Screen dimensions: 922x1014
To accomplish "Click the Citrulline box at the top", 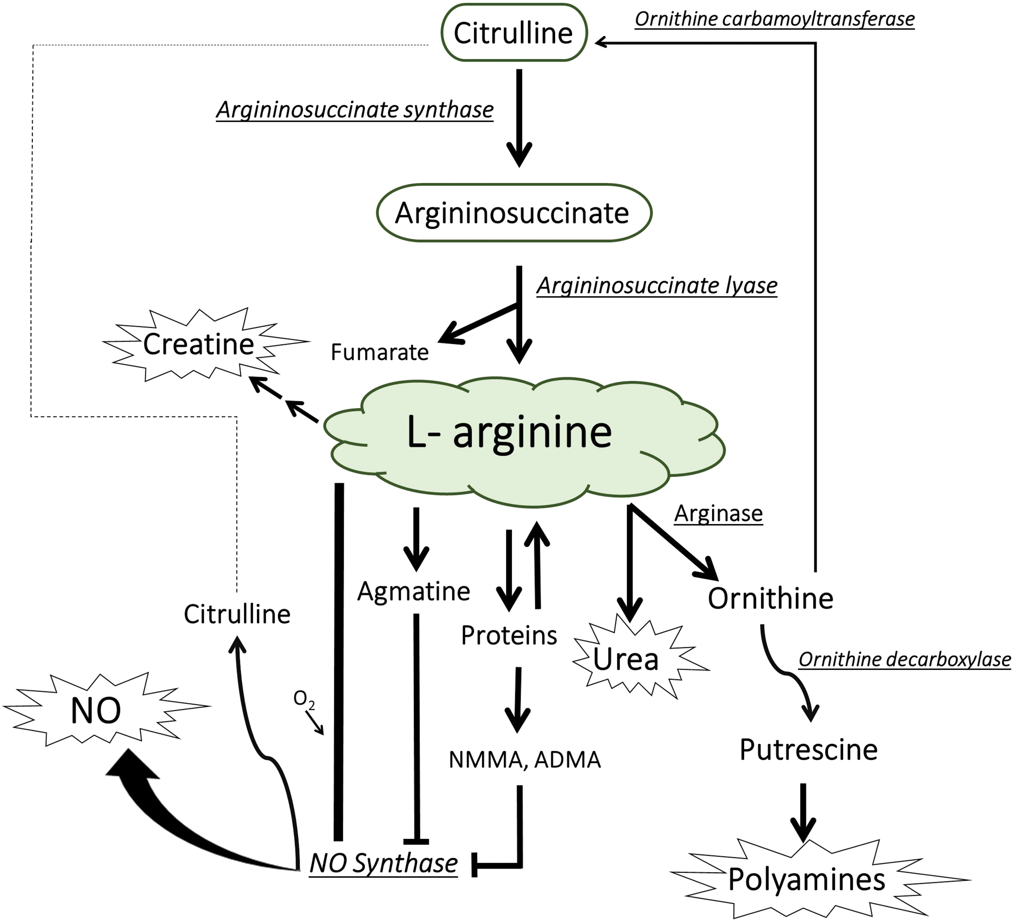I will click(x=514, y=33).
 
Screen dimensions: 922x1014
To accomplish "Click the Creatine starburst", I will click(x=199, y=344).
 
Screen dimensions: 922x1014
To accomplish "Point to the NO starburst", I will click(x=96, y=711).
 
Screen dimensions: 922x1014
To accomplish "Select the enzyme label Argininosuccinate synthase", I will click(x=355, y=110).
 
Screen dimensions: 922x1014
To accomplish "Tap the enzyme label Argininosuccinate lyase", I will click(x=657, y=286).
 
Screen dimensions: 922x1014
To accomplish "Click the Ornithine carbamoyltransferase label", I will click(x=775, y=19).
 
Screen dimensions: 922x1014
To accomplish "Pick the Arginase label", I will click(x=718, y=514).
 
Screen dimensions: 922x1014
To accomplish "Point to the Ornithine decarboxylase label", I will click(x=904, y=659).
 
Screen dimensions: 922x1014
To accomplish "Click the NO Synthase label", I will click(x=383, y=863).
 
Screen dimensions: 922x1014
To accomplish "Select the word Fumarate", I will click(x=380, y=352).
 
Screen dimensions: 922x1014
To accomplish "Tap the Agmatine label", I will click(x=414, y=592).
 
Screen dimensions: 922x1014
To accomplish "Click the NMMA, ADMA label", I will click(x=525, y=760).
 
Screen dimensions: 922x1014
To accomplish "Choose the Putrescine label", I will click(x=808, y=750).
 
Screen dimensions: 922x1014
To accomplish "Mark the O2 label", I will click(x=303, y=699).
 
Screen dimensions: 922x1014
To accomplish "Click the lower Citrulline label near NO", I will click(x=237, y=614).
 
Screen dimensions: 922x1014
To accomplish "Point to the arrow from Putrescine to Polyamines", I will click(x=803, y=812).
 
